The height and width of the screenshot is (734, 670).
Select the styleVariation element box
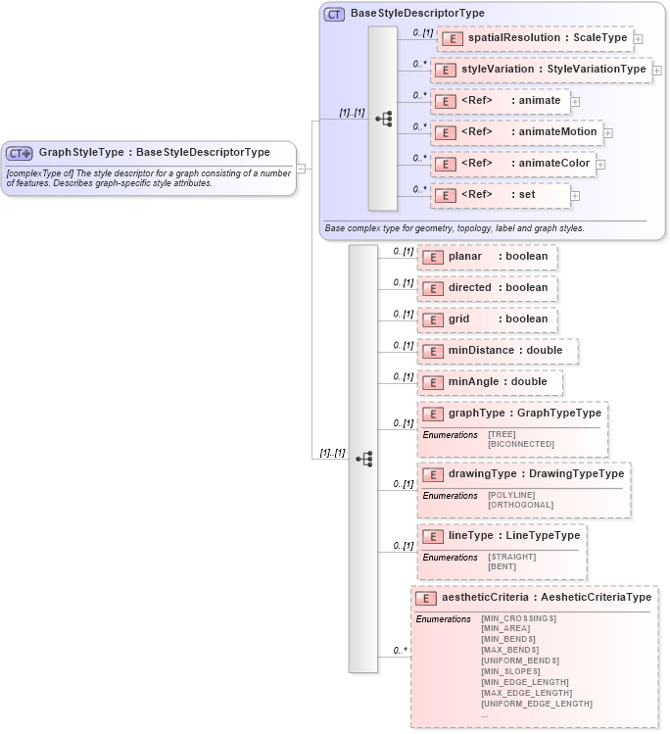pos(542,70)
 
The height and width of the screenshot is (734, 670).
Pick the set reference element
pos(500,195)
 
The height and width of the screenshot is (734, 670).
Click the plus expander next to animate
pos(575,101)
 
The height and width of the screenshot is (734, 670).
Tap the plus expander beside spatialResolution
pos(638,39)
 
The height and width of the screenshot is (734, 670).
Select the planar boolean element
pos(487,257)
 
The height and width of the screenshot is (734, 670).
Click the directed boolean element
pos(487,288)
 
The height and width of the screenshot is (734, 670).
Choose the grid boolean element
pos(487,319)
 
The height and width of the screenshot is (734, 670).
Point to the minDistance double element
pos(497,351)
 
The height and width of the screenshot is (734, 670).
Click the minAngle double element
pos(489,382)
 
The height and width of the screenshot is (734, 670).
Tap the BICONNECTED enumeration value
pos(521,444)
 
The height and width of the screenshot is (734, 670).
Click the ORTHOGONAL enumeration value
pos(520,505)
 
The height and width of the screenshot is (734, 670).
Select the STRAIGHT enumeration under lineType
pos(512,557)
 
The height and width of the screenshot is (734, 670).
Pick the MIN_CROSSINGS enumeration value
pos(518,618)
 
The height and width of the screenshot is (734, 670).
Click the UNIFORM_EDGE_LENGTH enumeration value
pos(537,704)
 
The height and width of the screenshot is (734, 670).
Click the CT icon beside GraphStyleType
pos(20,153)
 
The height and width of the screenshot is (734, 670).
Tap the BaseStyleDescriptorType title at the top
pos(417,14)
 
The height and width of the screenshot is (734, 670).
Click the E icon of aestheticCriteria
pos(425,598)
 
